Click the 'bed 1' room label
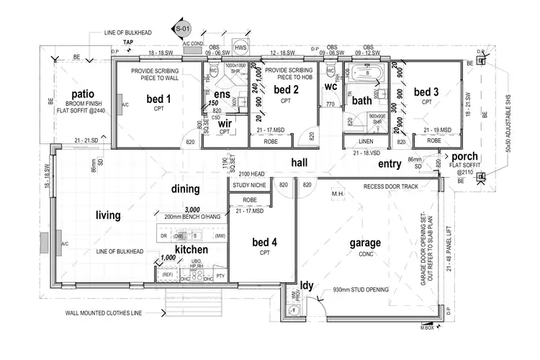[x=159, y=99]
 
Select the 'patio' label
[x=84, y=95]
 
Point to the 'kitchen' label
[x=192, y=249]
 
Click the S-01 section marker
[x=182, y=29]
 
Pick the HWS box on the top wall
[x=240, y=48]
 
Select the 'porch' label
[x=464, y=156]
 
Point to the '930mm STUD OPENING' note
[x=361, y=289]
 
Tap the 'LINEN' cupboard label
[x=365, y=141]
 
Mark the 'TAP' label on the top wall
[x=127, y=42]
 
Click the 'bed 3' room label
[x=426, y=92]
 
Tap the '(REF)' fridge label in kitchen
[x=167, y=274]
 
